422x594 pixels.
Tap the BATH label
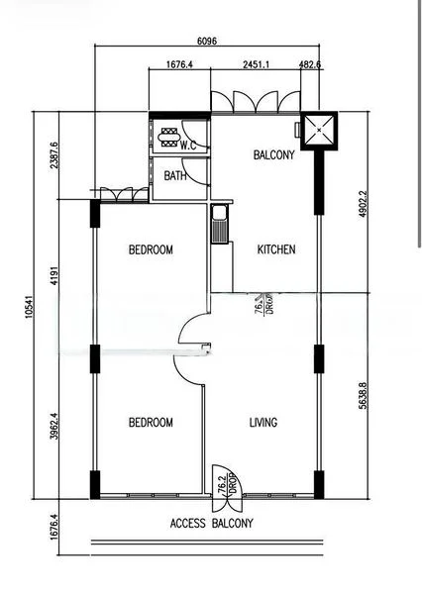(175, 176)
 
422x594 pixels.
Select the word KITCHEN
(276, 250)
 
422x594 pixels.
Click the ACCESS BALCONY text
(212, 524)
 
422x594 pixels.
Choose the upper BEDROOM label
(151, 250)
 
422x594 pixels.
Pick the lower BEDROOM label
(151, 423)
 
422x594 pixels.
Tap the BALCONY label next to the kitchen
(273, 155)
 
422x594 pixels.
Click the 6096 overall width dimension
(207, 41)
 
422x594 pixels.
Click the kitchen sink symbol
(219, 224)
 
